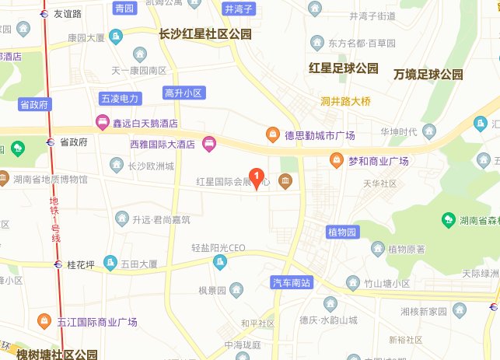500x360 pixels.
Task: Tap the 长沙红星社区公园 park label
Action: point(205,34)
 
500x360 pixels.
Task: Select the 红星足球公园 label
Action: point(343,68)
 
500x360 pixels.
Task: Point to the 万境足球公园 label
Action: point(428,75)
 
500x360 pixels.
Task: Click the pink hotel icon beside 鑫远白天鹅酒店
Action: point(101,122)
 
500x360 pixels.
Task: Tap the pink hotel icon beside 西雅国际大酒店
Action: point(208,144)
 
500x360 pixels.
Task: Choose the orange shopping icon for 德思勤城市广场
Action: point(273,135)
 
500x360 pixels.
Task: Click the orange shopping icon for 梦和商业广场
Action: point(337,161)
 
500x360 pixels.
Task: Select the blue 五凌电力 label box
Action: point(120,99)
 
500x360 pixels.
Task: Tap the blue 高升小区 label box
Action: point(184,93)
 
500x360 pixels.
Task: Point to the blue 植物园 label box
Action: point(342,232)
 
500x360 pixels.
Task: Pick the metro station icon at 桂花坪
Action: point(59,264)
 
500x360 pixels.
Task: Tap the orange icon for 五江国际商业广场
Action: point(45,321)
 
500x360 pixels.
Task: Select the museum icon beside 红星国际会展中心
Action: point(286,182)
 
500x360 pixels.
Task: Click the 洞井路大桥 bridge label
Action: point(345,100)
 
